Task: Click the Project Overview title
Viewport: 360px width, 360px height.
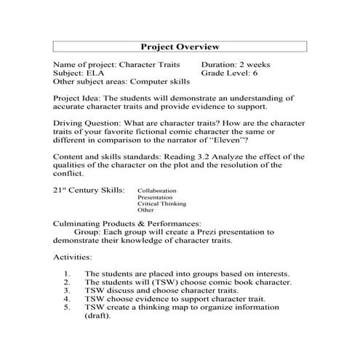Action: pos(180,47)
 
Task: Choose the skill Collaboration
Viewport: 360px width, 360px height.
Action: pos(156,191)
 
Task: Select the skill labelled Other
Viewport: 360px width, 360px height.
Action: pos(145,210)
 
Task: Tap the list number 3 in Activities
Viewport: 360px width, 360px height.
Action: pos(66,289)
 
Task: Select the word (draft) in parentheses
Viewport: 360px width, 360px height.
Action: pos(99,316)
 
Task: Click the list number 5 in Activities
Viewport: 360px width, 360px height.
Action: pos(66,307)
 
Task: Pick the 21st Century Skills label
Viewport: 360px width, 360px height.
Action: pos(84,190)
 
